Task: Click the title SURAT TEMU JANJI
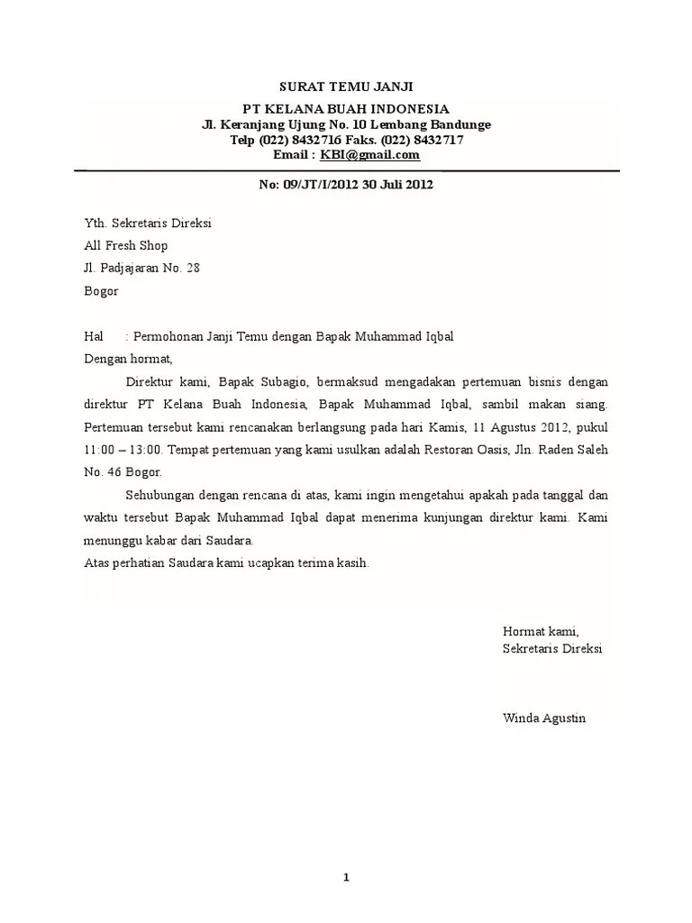[x=346, y=87]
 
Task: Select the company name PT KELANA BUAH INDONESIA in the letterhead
[x=346, y=109]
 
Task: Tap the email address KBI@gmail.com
[x=370, y=155]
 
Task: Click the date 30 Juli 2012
[x=397, y=186]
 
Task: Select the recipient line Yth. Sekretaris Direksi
[x=148, y=223]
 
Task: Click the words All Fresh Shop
[x=125, y=245]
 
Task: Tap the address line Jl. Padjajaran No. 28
[x=141, y=268]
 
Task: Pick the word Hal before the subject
[x=94, y=336]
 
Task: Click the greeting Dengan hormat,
[x=127, y=358]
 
